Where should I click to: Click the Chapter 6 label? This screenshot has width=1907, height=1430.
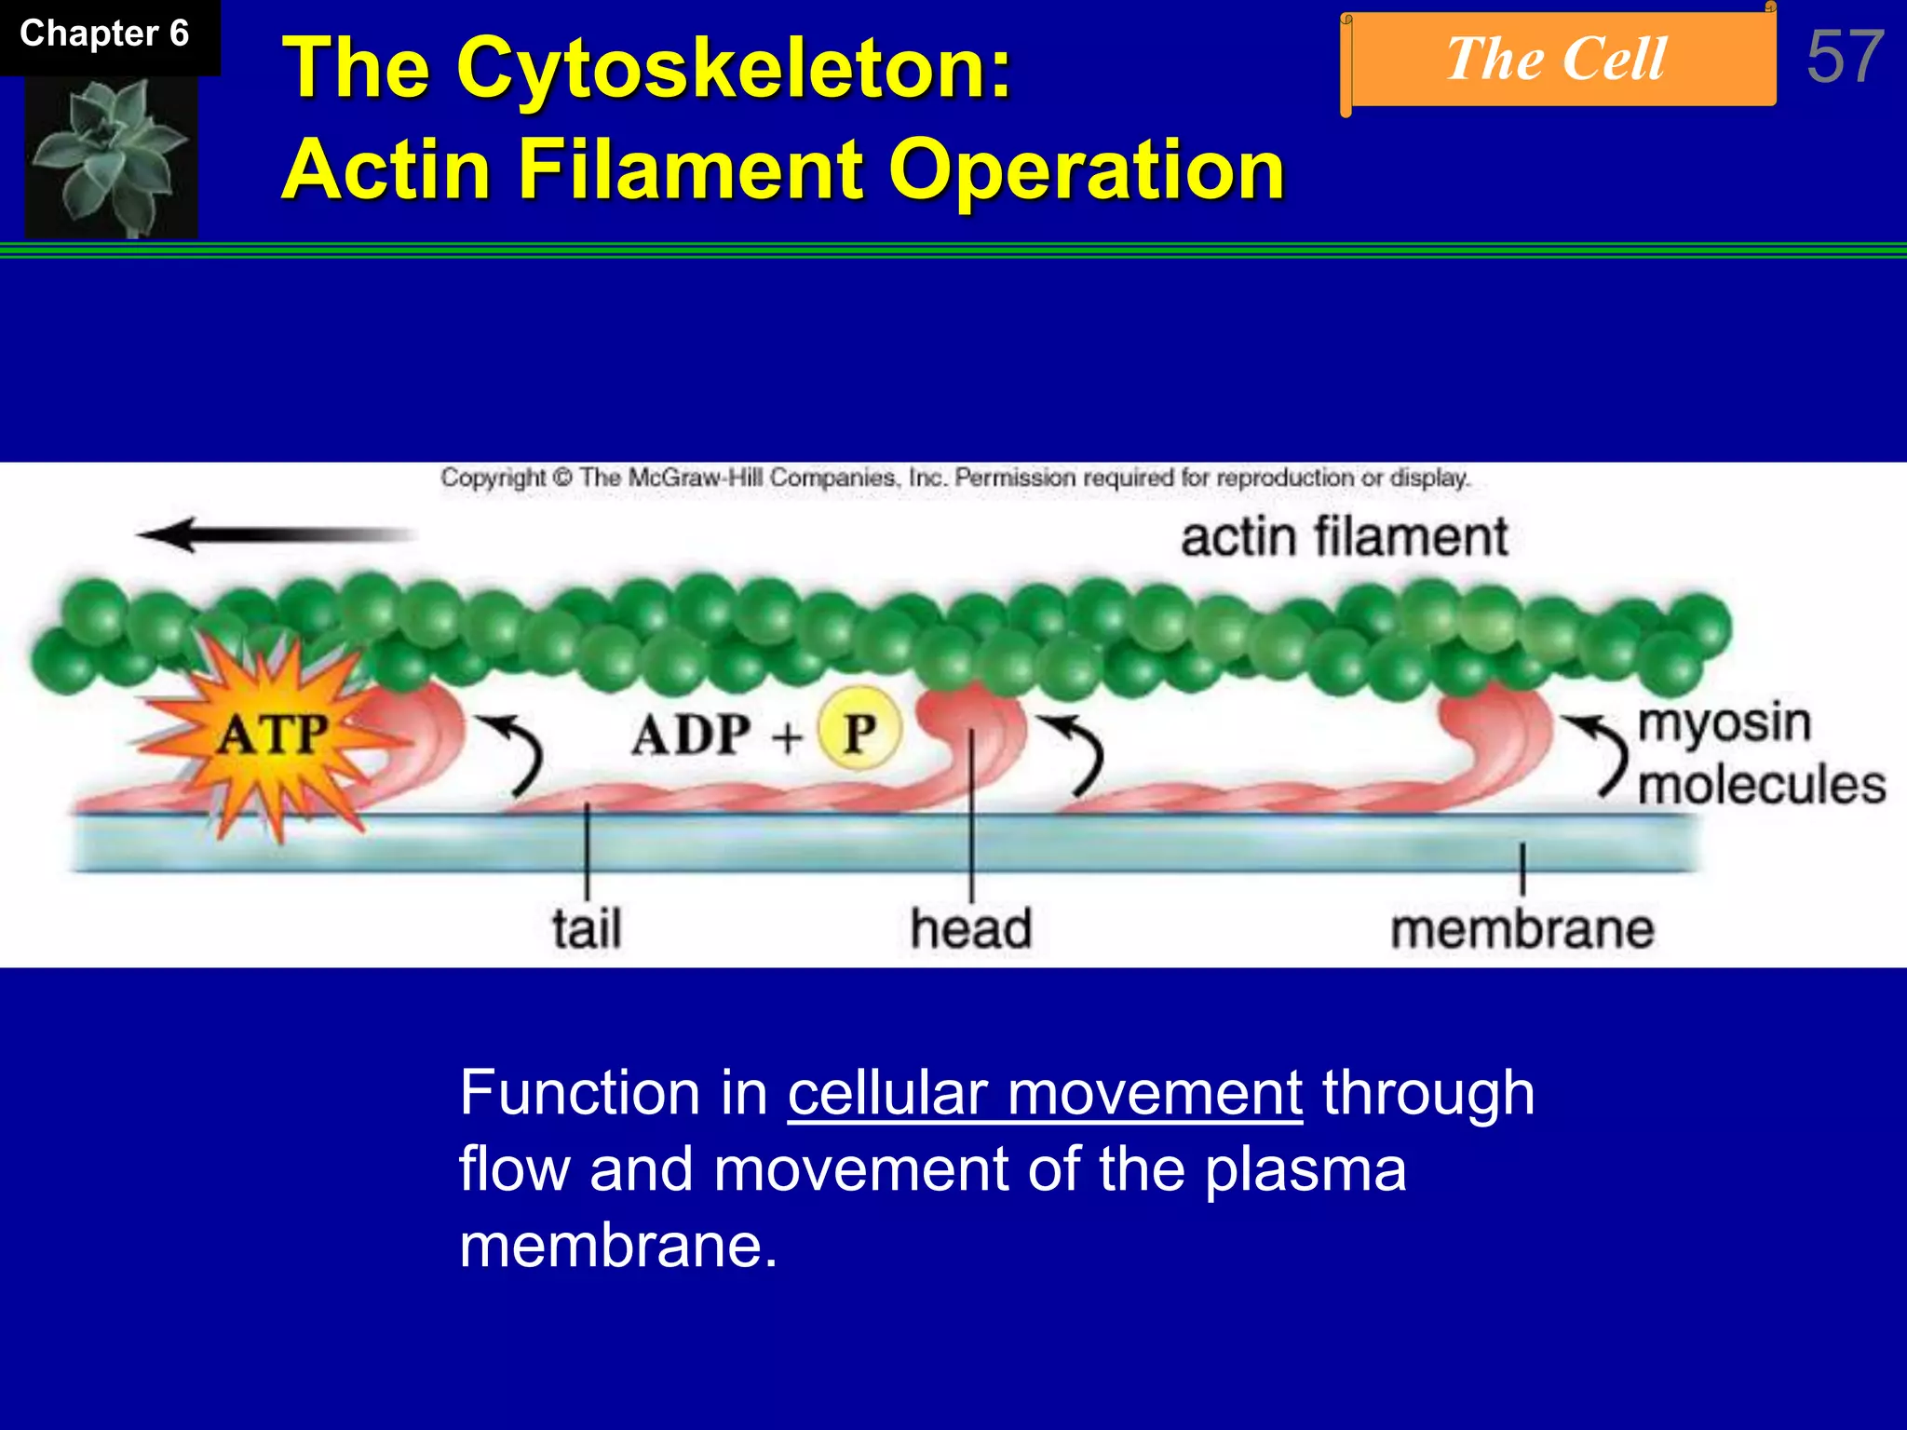[104, 34]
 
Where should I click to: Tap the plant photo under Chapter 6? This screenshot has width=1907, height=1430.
[111, 156]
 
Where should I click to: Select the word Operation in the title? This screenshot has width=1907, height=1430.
[1087, 169]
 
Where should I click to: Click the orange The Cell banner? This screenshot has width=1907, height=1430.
[1558, 60]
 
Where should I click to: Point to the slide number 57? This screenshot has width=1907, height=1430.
[1846, 57]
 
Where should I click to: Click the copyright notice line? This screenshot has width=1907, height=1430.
[954, 479]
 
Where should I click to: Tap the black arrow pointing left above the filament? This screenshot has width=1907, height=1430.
[277, 534]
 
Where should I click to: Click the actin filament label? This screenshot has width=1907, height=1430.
[1344, 538]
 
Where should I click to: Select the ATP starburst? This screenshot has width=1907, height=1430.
[274, 734]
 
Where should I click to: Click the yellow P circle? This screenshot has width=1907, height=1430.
[859, 732]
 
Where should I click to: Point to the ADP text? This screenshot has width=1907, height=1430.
[691, 735]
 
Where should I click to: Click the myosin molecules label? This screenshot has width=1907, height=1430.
[1759, 754]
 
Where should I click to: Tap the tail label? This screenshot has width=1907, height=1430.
[587, 929]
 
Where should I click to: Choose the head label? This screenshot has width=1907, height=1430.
[971, 929]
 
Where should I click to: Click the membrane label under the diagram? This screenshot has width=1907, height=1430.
[1522, 929]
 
